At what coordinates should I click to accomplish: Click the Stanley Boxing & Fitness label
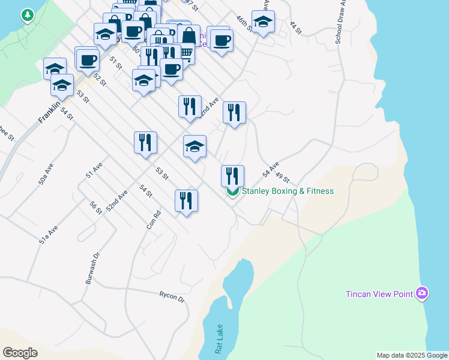(287, 191)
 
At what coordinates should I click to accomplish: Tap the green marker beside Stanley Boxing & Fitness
(232, 193)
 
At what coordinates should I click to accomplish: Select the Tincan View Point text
(379, 294)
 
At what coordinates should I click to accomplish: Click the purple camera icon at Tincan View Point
(423, 293)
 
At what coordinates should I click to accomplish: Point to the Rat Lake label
(220, 340)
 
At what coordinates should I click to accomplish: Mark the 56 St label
(95, 207)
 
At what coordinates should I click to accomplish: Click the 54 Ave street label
(271, 169)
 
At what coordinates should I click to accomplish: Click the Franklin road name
(49, 112)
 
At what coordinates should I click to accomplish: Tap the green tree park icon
(27, 16)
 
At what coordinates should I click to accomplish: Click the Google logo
(20, 353)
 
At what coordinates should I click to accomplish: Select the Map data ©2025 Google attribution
(412, 355)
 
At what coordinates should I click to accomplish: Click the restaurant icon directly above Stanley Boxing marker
(232, 176)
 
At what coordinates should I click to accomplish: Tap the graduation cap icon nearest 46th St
(263, 22)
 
